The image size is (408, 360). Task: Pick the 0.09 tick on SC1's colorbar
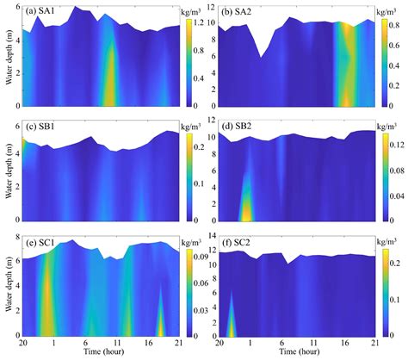point(209,255)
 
